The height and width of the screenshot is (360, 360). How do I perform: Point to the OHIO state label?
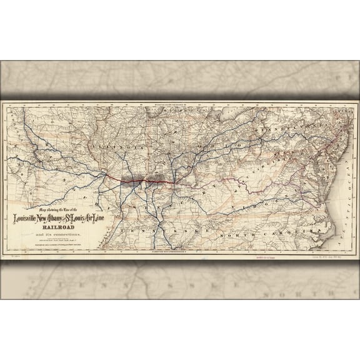pos(219,145)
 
